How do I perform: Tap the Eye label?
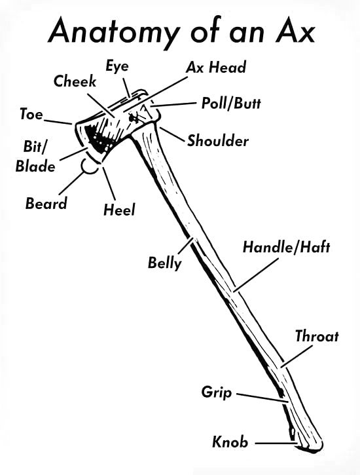coord(117,66)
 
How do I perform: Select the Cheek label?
coord(75,81)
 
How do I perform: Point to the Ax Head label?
coord(216,67)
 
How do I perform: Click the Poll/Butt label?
coord(231,104)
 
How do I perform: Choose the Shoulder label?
coord(218,141)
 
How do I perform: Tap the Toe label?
coord(31,114)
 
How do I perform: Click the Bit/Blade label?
coord(35,157)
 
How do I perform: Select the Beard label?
coord(46,203)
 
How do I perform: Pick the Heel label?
coord(119,210)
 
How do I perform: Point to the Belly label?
coord(164,263)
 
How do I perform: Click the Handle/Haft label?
coord(286,247)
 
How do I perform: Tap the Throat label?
coord(317,336)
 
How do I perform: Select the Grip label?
coord(217,393)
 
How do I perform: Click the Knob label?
coord(230,442)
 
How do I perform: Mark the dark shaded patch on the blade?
coord(96,138)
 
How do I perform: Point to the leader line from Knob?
coord(276,444)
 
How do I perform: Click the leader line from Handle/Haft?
coord(257,275)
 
